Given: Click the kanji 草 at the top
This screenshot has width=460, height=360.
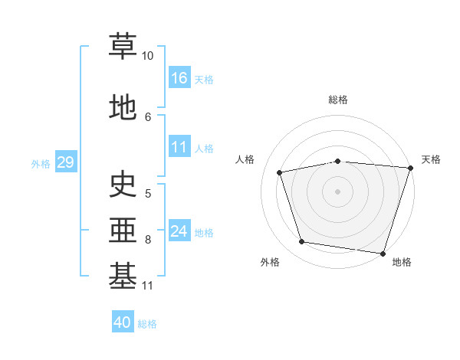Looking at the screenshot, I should click(x=123, y=46).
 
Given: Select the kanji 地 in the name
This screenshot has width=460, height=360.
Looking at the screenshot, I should click(x=123, y=107).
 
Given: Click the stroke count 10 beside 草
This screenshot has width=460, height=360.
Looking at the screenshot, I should click(x=148, y=56).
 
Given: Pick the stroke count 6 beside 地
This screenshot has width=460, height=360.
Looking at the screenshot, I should click(x=148, y=116).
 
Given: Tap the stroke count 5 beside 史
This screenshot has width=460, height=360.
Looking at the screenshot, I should click(x=148, y=193).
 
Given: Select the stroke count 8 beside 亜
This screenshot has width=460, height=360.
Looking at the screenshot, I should click(x=148, y=240).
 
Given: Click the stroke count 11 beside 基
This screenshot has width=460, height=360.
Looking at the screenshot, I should click(x=148, y=286).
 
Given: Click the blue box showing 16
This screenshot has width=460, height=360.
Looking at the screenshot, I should click(x=179, y=77).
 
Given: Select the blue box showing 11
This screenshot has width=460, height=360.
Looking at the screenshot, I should click(x=179, y=147).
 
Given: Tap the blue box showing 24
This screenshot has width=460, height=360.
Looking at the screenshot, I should click(x=179, y=231).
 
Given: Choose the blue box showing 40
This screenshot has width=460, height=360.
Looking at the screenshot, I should click(x=123, y=322).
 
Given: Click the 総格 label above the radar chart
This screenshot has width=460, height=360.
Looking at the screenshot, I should click(x=338, y=100).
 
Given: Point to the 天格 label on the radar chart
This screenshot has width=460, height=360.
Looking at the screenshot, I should click(x=431, y=159).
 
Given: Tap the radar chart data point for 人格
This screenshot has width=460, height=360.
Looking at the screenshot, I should click(x=280, y=172).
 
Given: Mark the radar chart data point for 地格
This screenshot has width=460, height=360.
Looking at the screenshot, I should click(x=383, y=253).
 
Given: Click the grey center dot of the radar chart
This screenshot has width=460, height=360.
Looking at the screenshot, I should click(x=338, y=191).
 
